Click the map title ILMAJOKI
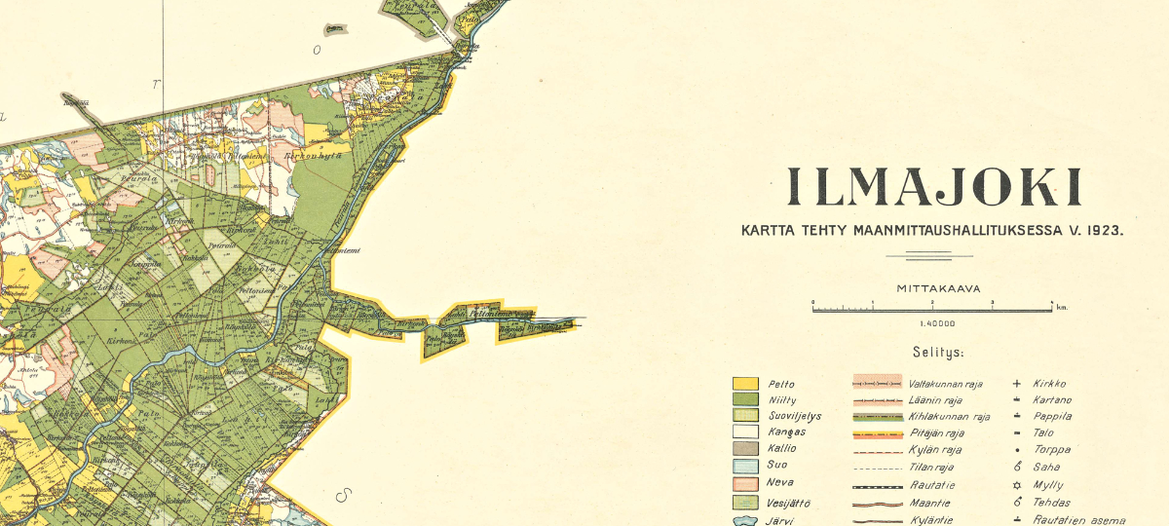pyautogui.click(x=934, y=187)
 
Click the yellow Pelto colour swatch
pyautogui.click(x=745, y=384)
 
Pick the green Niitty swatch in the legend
pyautogui.click(x=745, y=399)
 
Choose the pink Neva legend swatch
pyautogui.click(x=745, y=483)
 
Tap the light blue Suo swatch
pyautogui.click(x=745, y=465)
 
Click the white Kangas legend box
pyautogui.click(x=745, y=432)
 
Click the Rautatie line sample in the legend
pyautogui.click(x=881, y=485)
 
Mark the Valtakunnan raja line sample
pyautogui.click(x=881, y=383)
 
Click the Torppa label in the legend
pyautogui.click(x=1052, y=450)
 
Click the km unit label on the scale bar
pyautogui.click(x=1062, y=308)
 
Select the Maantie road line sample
pyautogui.click(x=881, y=504)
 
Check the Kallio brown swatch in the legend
pyautogui.click(x=745, y=448)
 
